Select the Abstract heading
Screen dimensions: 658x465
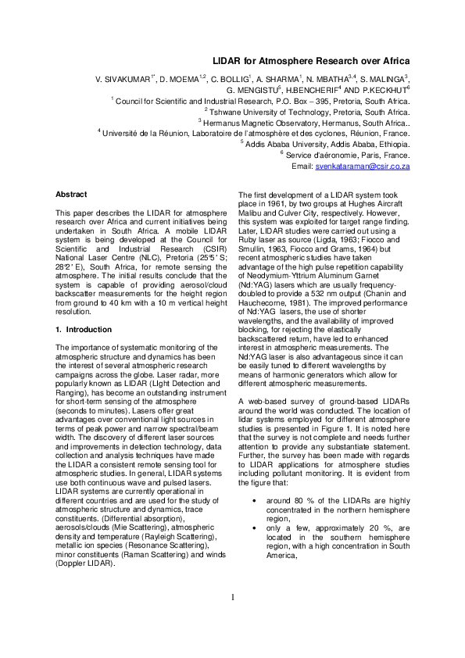coord(71,194)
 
